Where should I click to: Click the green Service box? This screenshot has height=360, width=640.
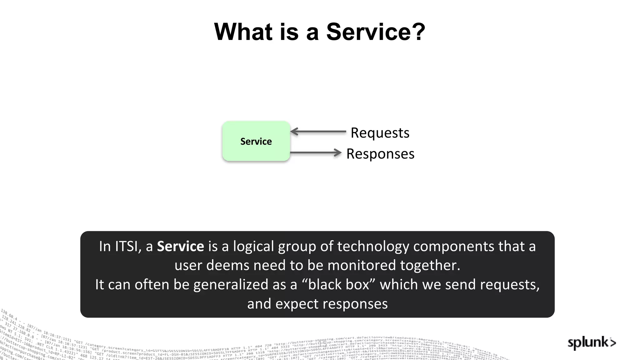(256, 141)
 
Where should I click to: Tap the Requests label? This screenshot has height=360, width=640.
(380, 133)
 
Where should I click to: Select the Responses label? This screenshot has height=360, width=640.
(380, 154)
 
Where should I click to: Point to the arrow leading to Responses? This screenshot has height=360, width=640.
(316, 153)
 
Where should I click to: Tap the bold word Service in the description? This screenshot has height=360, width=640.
(180, 246)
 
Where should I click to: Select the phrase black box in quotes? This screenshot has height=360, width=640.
(338, 284)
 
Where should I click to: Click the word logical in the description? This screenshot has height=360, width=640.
(253, 246)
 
